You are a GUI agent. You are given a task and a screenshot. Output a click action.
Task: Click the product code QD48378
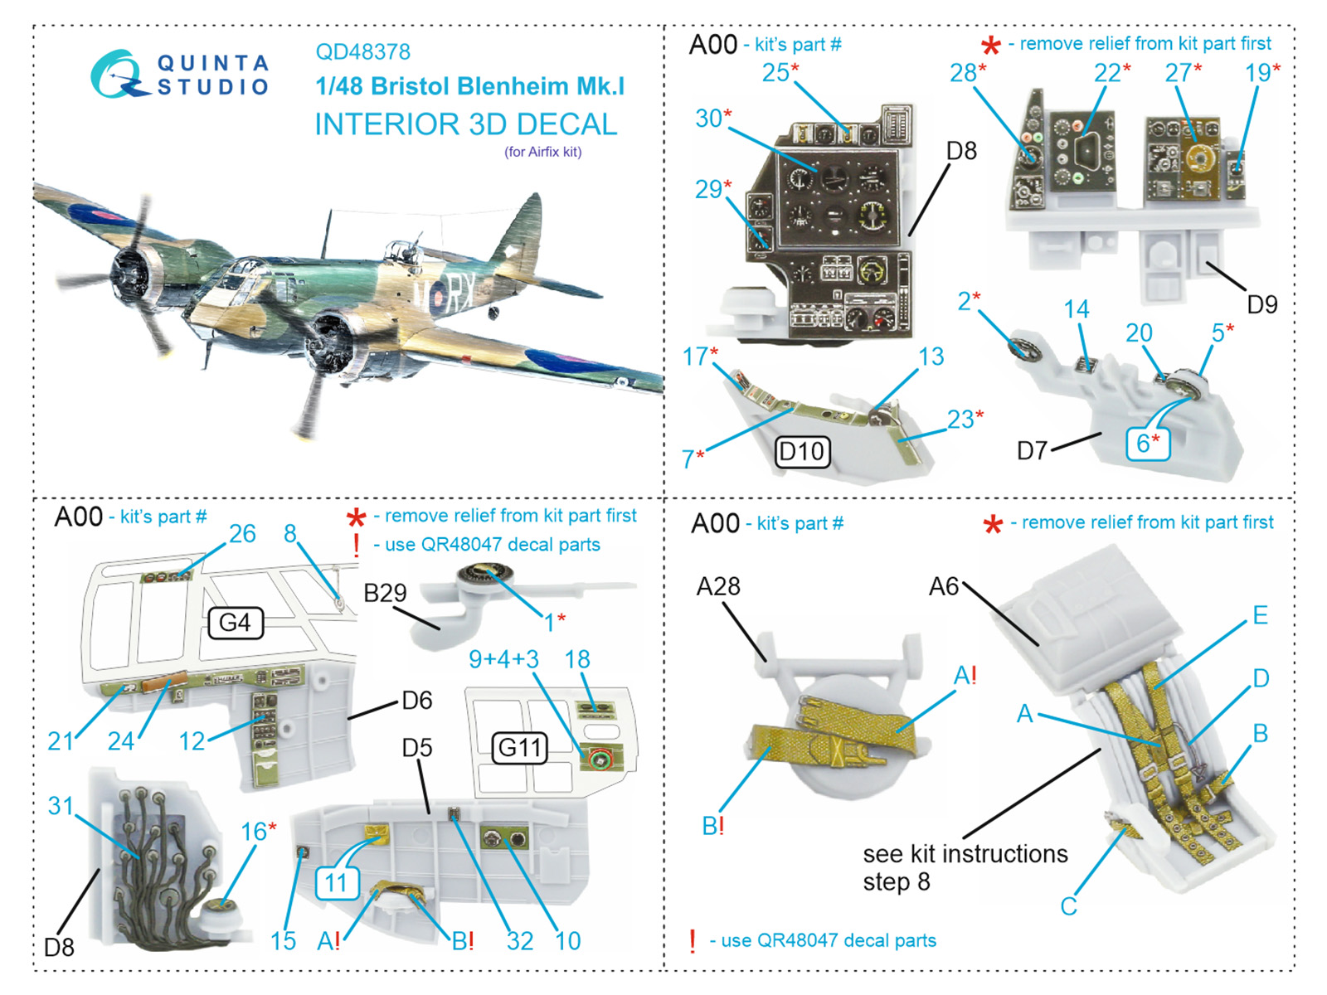click(362, 51)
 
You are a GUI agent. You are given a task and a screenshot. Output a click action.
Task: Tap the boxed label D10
click(802, 452)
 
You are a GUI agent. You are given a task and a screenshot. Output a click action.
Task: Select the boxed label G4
click(235, 623)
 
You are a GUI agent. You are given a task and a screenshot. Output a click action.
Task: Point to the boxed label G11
click(519, 748)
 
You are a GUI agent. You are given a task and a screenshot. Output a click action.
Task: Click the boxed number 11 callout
click(336, 882)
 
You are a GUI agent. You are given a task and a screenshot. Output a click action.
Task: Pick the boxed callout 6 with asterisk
click(1147, 443)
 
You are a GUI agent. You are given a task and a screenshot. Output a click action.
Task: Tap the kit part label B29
click(385, 593)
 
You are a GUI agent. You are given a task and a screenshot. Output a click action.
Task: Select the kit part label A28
click(718, 587)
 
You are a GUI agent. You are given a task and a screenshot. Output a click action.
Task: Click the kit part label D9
click(1261, 304)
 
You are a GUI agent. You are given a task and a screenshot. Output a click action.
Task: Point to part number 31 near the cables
click(61, 805)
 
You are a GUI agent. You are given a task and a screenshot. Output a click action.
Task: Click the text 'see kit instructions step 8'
click(965, 867)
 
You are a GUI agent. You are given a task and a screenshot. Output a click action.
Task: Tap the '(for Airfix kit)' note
click(543, 152)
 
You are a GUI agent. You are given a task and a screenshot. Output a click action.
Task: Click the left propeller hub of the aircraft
click(129, 270)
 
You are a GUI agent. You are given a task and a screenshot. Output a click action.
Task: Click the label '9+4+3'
click(503, 659)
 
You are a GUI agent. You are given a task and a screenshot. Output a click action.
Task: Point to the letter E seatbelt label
click(1259, 615)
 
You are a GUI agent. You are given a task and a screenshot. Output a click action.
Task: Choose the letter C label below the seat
click(1068, 906)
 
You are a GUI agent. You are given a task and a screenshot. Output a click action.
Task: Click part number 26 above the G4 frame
click(242, 533)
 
